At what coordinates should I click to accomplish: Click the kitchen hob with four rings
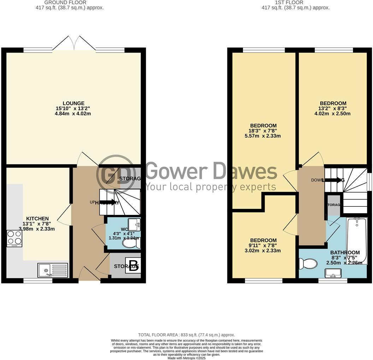click(14, 238)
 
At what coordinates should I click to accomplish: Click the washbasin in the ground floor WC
click(134, 224)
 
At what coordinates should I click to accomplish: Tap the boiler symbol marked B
click(133, 266)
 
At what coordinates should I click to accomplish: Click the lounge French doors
click(74, 44)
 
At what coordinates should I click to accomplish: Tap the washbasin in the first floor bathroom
click(333, 273)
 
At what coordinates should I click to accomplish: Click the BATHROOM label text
click(345, 253)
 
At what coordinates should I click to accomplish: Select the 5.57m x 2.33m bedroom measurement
click(263, 136)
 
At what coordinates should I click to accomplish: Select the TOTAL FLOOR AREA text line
click(186, 335)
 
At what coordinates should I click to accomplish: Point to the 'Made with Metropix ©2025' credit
click(186, 358)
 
